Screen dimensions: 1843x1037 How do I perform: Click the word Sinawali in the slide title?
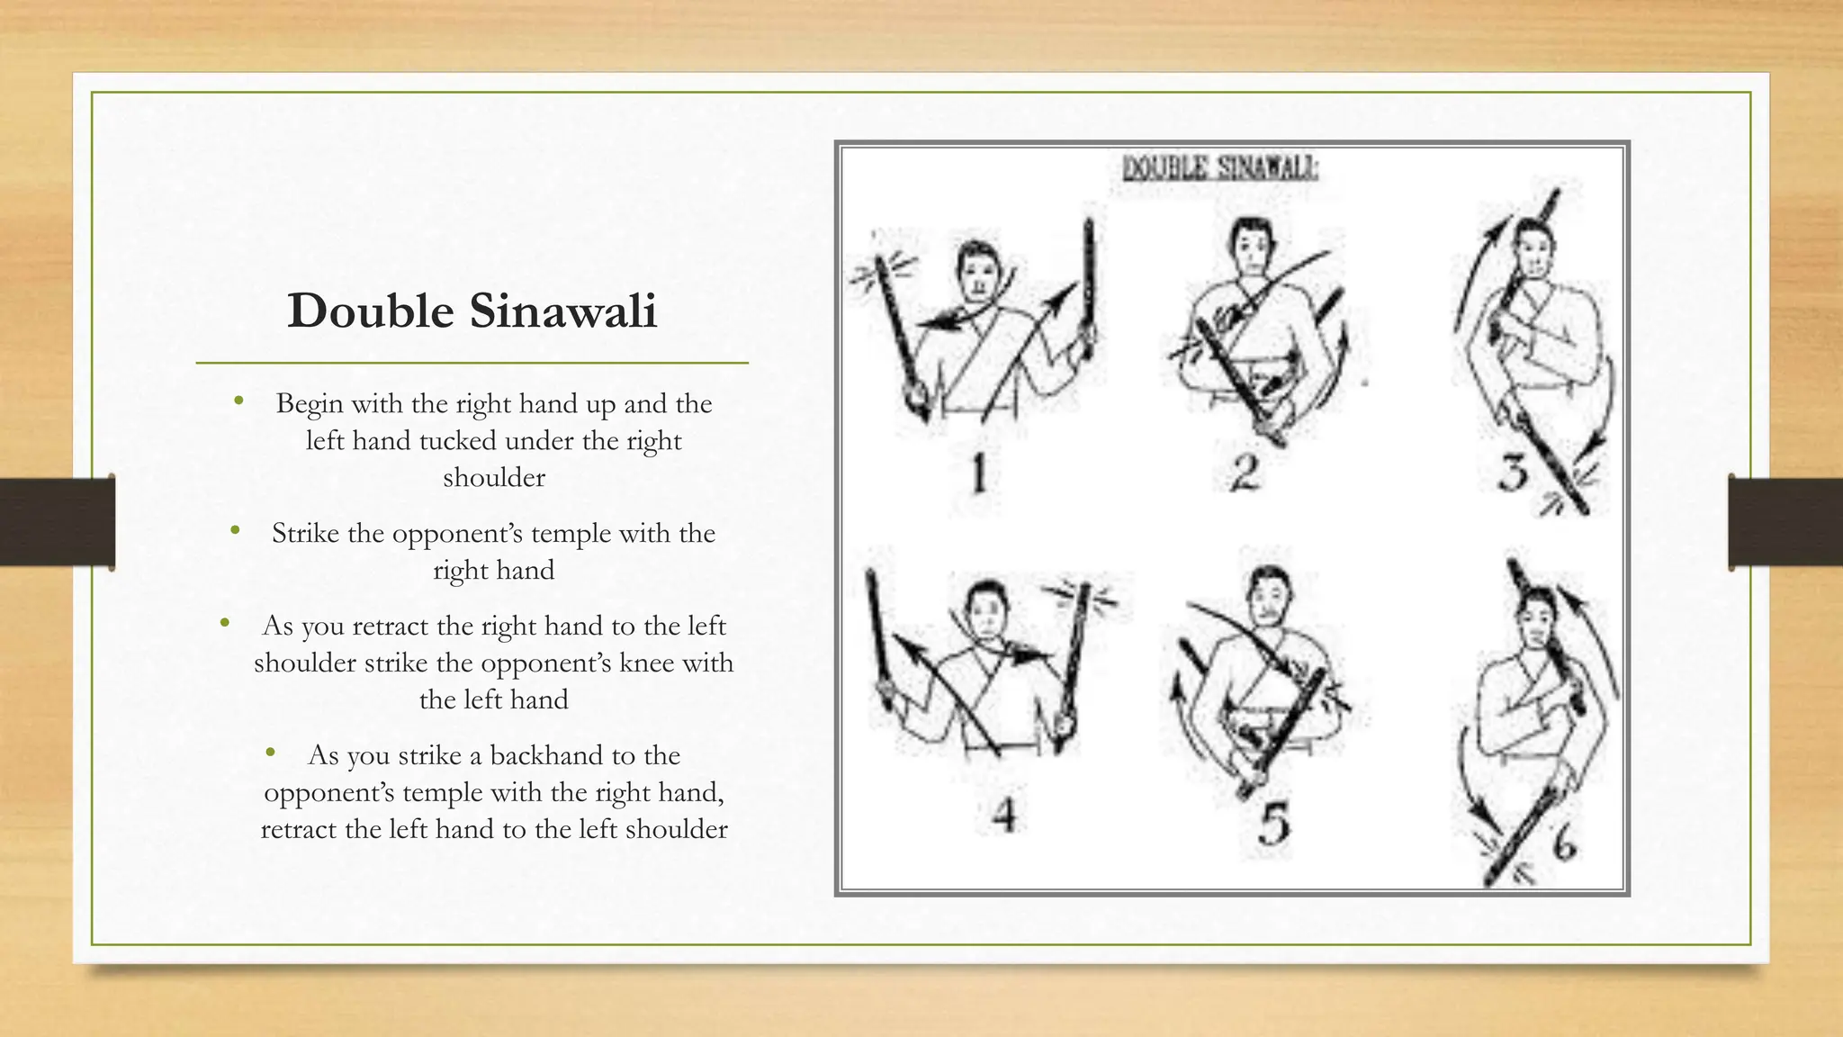pyautogui.click(x=563, y=311)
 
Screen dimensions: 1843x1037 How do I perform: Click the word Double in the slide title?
pyautogui.click(x=371, y=311)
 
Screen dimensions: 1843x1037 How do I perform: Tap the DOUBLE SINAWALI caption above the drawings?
pyautogui.click(x=1220, y=168)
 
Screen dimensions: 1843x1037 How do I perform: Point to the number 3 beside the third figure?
pyautogui.click(x=1514, y=473)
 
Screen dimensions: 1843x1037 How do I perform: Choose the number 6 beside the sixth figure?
pyautogui.click(x=1565, y=843)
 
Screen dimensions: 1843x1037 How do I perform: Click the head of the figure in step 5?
pyautogui.click(x=1268, y=596)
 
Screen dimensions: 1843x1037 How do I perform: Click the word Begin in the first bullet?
pyautogui.click(x=310, y=404)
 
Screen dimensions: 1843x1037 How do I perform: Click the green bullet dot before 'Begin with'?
pyautogui.click(x=238, y=401)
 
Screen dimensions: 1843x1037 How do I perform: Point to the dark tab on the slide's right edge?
pyautogui.click(x=1785, y=522)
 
